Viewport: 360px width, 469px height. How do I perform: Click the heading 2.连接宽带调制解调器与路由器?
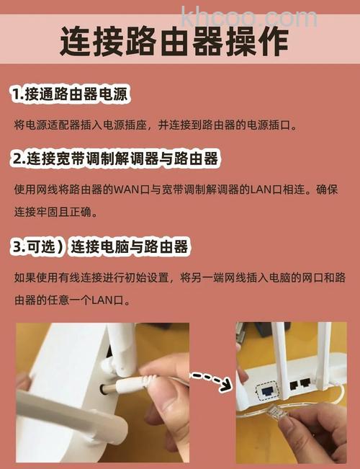tap(114, 158)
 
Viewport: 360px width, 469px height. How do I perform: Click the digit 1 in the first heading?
tap(16, 94)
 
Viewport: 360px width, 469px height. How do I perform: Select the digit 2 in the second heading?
tap(17, 158)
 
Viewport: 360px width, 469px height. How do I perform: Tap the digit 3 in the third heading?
tap(17, 247)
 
